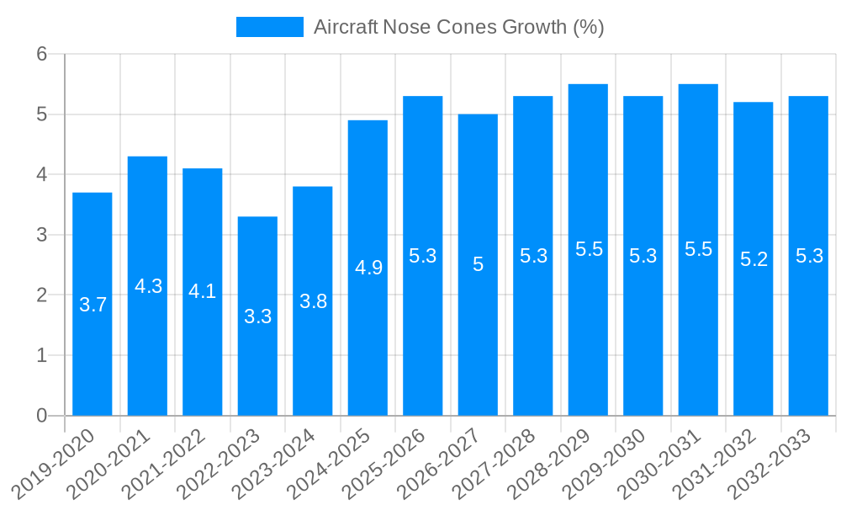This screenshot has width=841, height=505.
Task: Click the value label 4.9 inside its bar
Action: point(368,268)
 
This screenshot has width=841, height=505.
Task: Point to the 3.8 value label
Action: point(313,301)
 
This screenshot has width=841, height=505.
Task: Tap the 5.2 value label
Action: point(754,259)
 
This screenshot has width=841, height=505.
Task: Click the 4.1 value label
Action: point(203,291)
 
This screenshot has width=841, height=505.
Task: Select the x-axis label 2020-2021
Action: point(108,463)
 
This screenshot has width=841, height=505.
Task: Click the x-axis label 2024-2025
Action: point(329,463)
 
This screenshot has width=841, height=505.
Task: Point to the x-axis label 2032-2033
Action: point(770,463)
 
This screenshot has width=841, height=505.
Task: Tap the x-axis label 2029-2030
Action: point(605,463)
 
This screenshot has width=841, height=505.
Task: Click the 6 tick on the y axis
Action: point(42,54)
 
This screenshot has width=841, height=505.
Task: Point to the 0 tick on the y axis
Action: point(42,416)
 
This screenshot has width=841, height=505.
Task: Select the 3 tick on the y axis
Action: point(42,235)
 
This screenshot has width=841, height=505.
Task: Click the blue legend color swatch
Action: point(269,27)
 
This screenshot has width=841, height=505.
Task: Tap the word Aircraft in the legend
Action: point(345,27)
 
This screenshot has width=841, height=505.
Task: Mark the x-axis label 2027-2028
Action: point(495,463)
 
